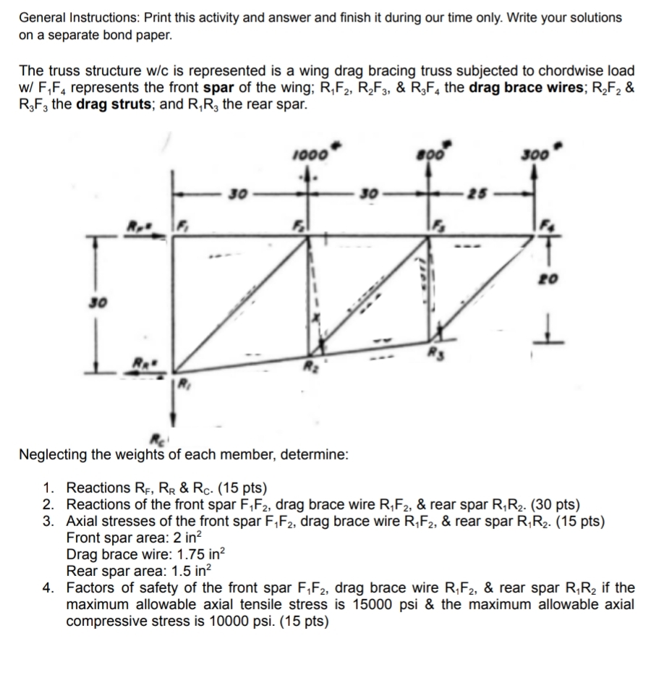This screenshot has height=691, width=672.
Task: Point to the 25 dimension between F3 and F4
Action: click(x=472, y=194)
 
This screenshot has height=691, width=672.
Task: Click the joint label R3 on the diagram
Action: click(x=434, y=355)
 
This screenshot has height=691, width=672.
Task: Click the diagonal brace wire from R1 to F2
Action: click(x=239, y=300)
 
